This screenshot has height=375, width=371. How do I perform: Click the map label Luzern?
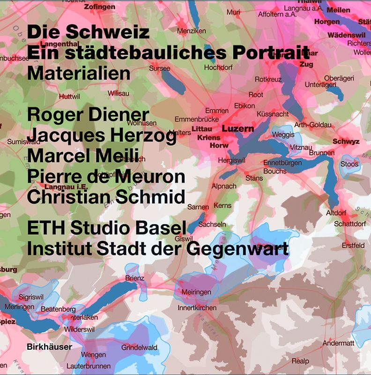[x=238, y=128]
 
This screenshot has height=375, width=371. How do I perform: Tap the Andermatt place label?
[x=338, y=344]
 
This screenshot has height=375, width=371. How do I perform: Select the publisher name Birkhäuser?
[x=50, y=347]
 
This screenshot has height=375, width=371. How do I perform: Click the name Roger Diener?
[x=88, y=114]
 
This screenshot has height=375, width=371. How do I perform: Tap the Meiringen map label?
[x=196, y=292]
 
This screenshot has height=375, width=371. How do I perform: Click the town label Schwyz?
[x=346, y=141]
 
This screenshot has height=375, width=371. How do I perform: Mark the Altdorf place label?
[x=336, y=213]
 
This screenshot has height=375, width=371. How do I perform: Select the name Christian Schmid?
[x=106, y=197]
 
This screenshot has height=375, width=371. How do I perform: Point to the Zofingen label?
[x=99, y=7]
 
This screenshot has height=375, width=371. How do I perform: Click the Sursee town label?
[x=159, y=68]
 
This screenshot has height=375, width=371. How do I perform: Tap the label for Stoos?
[x=349, y=164]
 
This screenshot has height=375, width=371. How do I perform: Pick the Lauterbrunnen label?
[x=89, y=366]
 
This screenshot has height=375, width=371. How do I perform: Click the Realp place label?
[x=300, y=361]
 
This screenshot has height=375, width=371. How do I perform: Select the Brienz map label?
[x=134, y=278]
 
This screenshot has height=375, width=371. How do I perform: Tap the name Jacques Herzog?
[x=102, y=135]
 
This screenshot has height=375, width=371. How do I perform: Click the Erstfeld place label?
[x=353, y=245]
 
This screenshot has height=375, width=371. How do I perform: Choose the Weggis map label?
[x=283, y=135]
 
